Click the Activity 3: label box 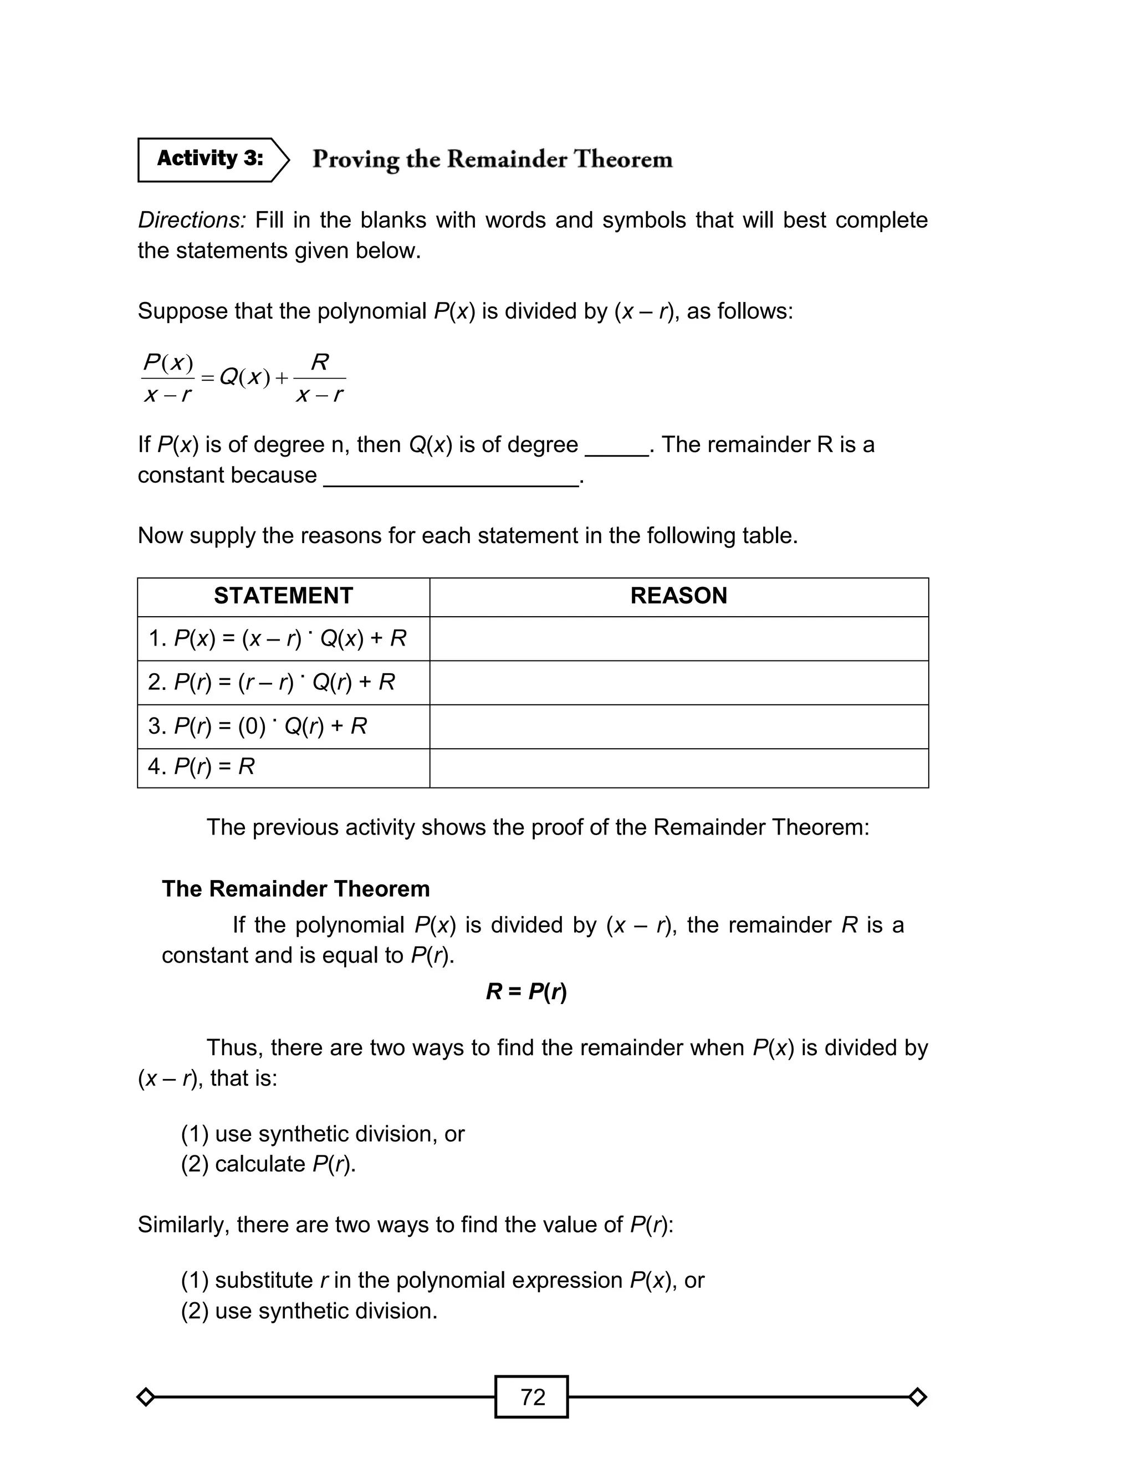210,160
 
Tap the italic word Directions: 191,220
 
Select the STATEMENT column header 283,596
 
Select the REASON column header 678,596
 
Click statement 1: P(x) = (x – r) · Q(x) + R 277,639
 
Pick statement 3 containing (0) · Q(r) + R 257,726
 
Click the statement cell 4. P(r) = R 201,767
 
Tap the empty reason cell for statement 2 678,683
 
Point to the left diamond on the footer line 145,1396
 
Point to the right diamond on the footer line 917,1396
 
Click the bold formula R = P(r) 526,992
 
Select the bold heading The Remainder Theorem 295,889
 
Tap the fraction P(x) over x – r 168,378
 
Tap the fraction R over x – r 320,378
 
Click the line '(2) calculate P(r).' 268,1164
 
